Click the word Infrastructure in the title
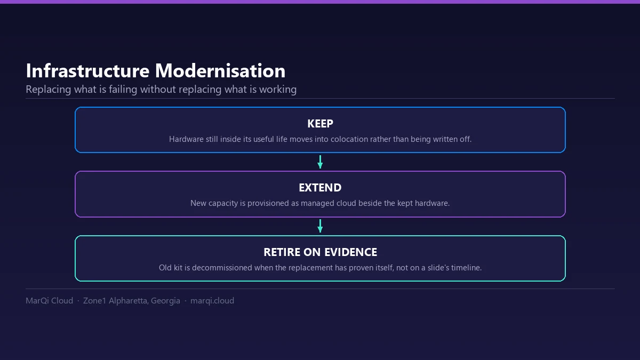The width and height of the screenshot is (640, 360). [x=87, y=70]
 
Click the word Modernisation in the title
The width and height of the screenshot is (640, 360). [x=220, y=70]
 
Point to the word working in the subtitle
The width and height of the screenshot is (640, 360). [x=278, y=90]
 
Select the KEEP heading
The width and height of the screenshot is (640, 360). [x=321, y=124]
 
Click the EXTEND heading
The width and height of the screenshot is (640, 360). [x=321, y=188]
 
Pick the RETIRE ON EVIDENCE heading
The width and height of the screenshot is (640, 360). [x=321, y=252]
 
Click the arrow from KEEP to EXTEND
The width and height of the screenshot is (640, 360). [x=320, y=162]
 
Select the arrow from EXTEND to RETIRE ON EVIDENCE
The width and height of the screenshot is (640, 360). [x=320, y=226]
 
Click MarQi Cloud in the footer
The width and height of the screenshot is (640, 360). [x=50, y=301]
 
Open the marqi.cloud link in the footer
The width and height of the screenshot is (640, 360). [x=212, y=301]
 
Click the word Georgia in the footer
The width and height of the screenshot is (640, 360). [x=165, y=301]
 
